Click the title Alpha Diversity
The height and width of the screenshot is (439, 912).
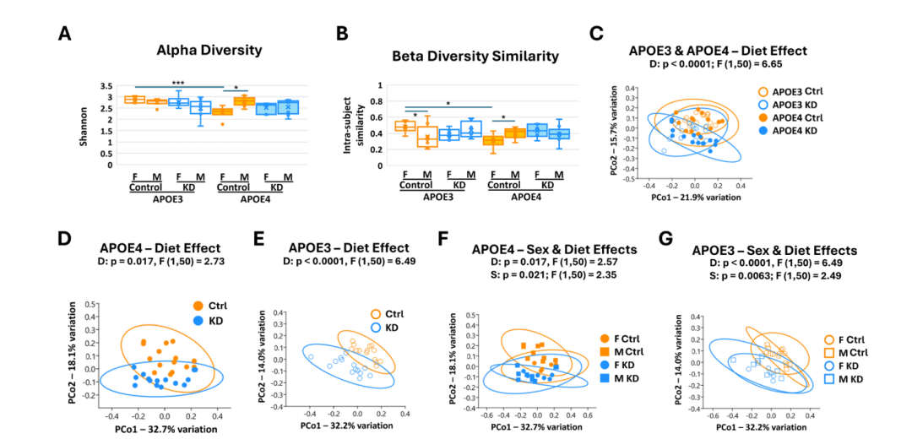[209, 50]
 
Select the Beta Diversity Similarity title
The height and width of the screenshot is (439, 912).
[475, 57]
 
